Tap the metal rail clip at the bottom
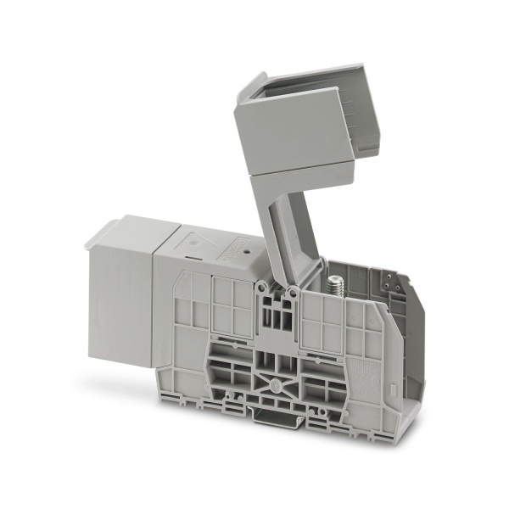273,415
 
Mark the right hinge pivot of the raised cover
293,293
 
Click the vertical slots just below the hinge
276,318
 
